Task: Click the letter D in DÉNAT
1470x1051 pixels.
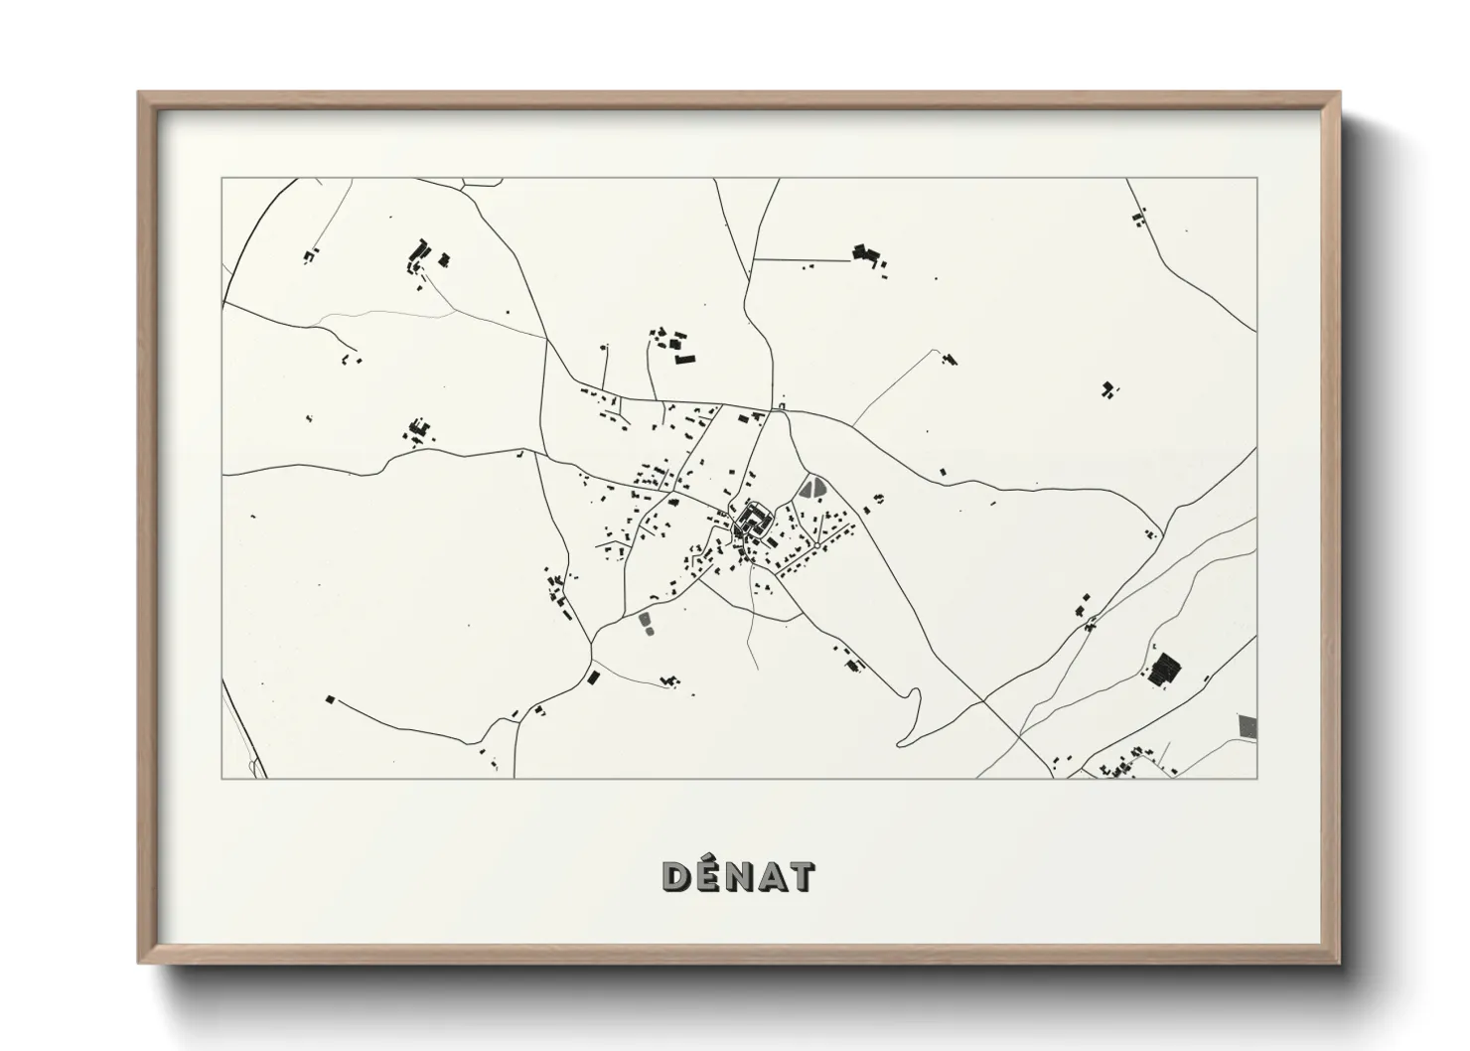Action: click(x=677, y=877)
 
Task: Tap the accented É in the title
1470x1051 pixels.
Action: click(x=708, y=876)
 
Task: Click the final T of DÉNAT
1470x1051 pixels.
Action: click(x=800, y=877)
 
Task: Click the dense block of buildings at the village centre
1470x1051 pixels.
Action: click(x=755, y=521)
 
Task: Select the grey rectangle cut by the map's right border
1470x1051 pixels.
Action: click(x=1248, y=725)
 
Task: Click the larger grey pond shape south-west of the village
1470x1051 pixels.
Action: click(x=646, y=622)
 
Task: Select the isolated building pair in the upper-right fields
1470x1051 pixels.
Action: click(x=1108, y=389)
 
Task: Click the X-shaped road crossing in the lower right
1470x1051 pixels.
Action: click(x=982, y=701)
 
